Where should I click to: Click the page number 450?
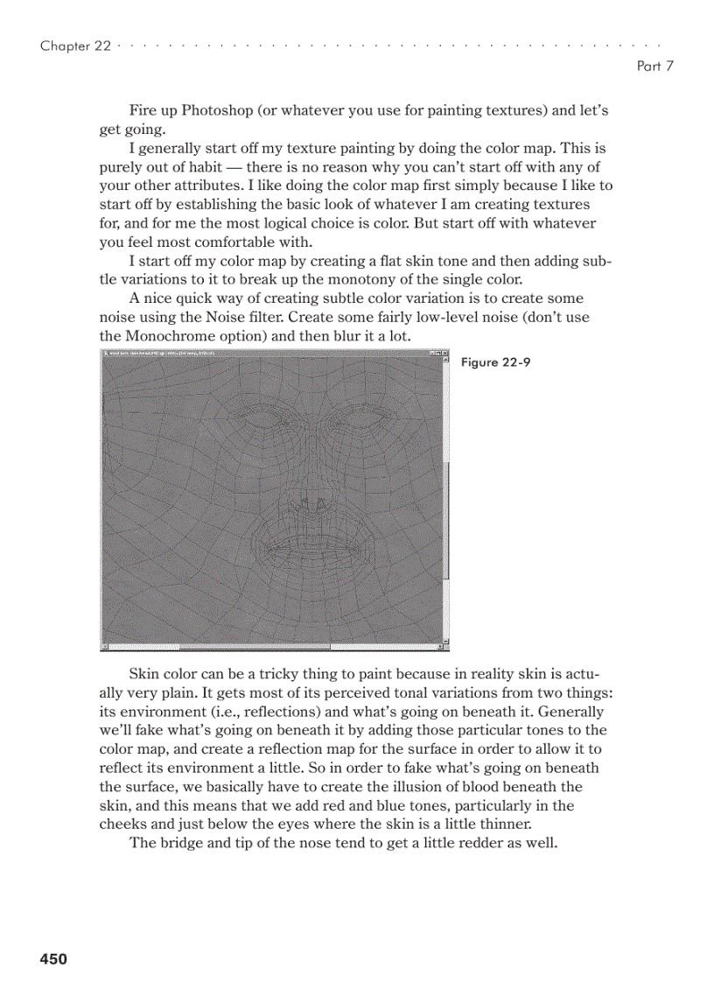[x=52, y=959]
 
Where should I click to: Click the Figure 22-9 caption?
[x=495, y=362]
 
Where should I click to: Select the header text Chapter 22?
[x=75, y=46]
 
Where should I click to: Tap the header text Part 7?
[x=654, y=67]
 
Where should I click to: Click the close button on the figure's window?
[x=445, y=354]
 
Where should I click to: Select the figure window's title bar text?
[x=166, y=354]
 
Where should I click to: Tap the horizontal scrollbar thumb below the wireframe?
[x=254, y=647]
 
